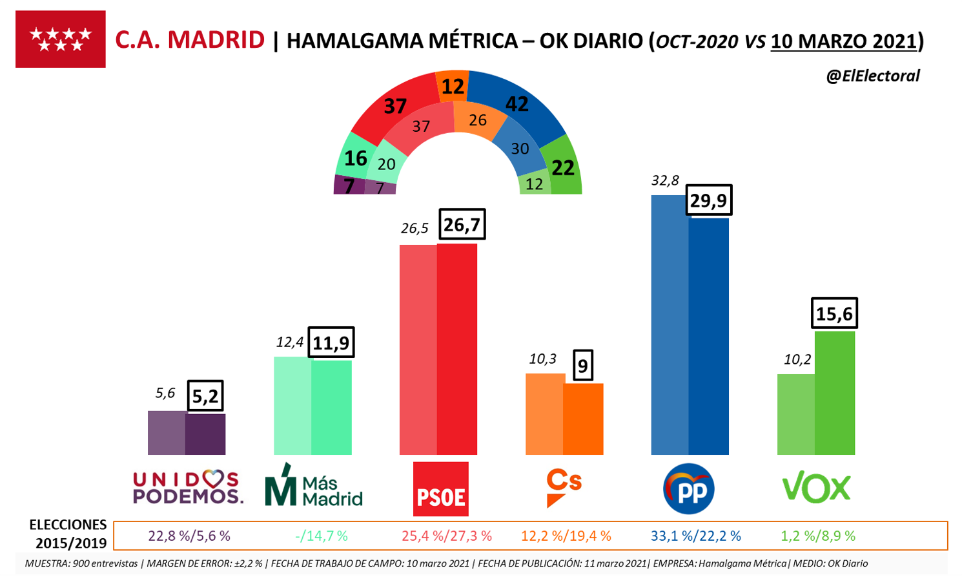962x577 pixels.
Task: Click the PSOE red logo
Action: [x=440, y=488]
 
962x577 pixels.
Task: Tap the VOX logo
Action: [x=816, y=488]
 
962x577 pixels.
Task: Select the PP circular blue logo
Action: [x=689, y=489]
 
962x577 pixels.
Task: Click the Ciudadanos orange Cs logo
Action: [x=563, y=487]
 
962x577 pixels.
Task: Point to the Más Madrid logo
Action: [x=314, y=485]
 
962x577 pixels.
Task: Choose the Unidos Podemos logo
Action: [x=188, y=487]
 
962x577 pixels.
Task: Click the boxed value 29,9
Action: [x=708, y=200]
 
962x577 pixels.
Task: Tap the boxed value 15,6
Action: [x=834, y=314]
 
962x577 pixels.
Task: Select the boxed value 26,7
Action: [x=462, y=225]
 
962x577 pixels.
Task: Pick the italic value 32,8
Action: [x=665, y=180]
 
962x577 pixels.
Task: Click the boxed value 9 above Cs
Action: [x=583, y=366]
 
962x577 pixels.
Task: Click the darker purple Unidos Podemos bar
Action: [x=205, y=434]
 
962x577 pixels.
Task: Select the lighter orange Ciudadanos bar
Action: [x=544, y=414]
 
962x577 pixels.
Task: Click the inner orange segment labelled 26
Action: [x=477, y=121]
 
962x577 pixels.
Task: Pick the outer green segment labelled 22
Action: [x=562, y=168]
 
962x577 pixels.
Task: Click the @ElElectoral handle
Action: [x=872, y=76]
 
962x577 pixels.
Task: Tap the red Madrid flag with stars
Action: [x=61, y=39]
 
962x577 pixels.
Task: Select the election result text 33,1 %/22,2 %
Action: [x=695, y=536]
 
